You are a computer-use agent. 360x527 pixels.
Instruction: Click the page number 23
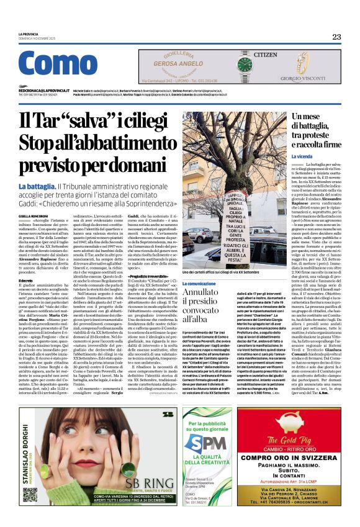point(336,37)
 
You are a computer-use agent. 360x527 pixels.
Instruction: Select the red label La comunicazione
point(200,283)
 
